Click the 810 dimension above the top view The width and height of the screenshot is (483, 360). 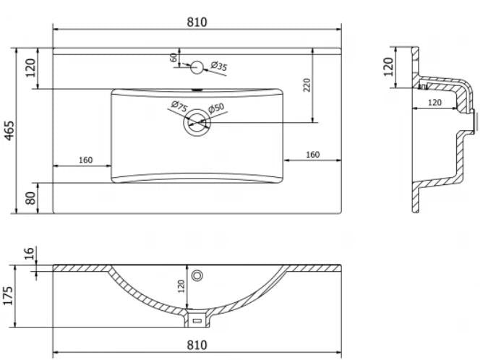coord(197,22)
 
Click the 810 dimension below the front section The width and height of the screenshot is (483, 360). coord(197,345)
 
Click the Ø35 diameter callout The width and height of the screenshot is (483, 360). coord(218,67)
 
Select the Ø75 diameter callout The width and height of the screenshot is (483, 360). coord(179,108)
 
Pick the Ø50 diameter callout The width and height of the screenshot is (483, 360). coord(216,108)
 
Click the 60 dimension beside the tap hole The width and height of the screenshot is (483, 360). coord(174,58)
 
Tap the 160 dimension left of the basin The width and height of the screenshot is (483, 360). coord(85,160)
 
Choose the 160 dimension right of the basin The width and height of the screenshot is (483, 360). coord(312,154)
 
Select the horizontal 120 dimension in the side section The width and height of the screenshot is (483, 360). coord(434,103)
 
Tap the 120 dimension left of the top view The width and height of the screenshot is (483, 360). coord(30,69)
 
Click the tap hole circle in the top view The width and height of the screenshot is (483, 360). coord(197,68)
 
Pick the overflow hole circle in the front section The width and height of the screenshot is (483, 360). coord(197,275)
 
